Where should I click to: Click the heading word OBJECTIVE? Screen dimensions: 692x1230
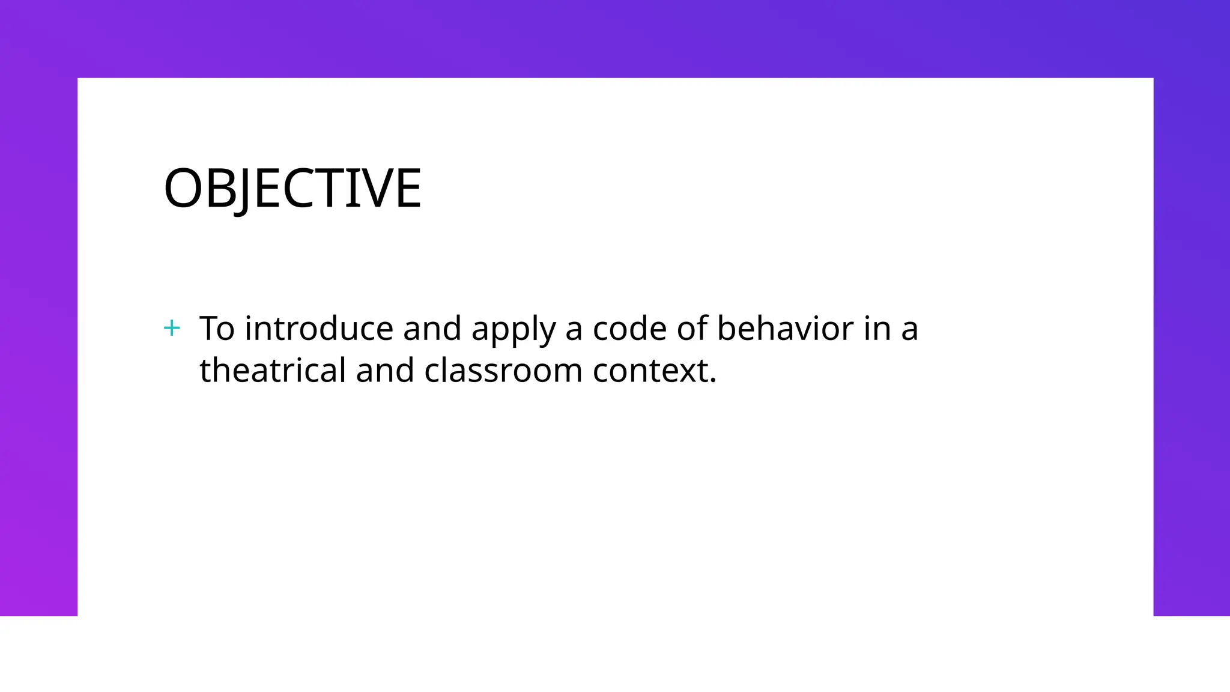click(292, 189)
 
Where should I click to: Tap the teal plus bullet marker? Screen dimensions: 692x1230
click(172, 328)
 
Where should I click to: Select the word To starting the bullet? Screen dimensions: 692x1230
click(217, 329)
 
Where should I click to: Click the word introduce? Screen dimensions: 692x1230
click(319, 329)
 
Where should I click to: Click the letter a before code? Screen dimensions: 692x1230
click(574, 330)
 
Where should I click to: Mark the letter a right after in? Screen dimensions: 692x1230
click(910, 330)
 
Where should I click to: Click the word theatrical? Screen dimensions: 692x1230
click(273, 370)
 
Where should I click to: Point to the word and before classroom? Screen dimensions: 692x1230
click(385, 370)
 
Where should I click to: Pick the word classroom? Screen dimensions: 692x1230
click(503, 370)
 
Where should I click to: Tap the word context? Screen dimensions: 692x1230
click(650, 371)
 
